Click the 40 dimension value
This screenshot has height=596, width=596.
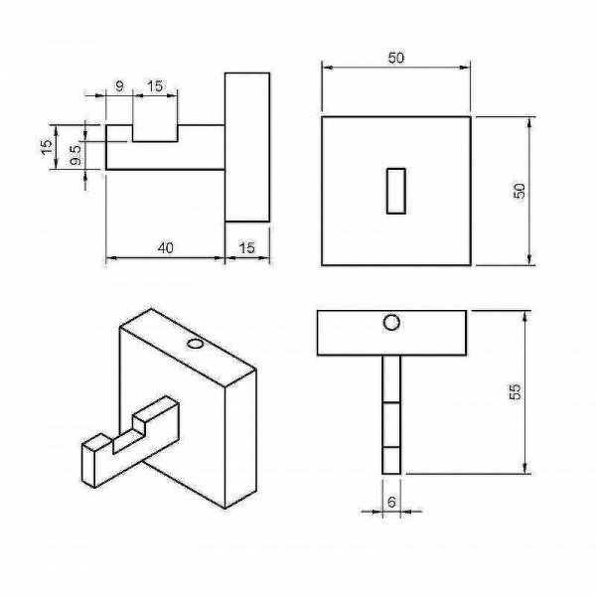(x=165, y=247)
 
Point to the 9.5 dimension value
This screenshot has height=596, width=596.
(x=76, y=154)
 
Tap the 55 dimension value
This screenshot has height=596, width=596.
(x=515, y=392)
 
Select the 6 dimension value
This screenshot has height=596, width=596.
(x=391, y=502)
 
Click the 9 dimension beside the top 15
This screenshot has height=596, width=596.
(x=119, y=86)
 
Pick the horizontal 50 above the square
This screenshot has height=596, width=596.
(x=396, y=59)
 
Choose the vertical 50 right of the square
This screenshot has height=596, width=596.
(x=520, y=191)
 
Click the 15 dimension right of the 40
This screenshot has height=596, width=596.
(x=246, y=247)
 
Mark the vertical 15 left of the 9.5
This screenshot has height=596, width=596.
(x=47, y=147)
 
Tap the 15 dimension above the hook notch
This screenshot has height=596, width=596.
(x=155, y=86)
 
